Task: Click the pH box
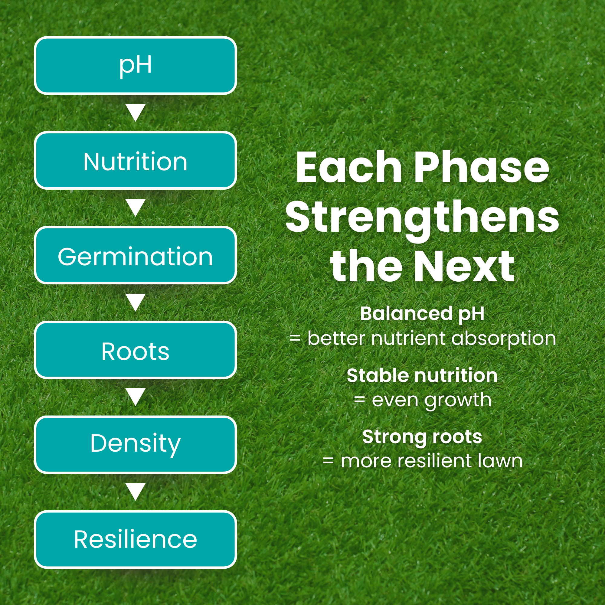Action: coord(135,65)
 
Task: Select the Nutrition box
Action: coord(135,160)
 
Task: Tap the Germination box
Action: coord(135,255)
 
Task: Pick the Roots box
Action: coord(135,350)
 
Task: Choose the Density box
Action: coord(135,445)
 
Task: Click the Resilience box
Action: coord(135,540)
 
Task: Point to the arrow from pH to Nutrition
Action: coord(135,113)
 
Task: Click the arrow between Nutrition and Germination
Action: coord(135,208)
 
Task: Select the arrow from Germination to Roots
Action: coord(135,302)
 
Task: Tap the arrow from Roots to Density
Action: coord(135,397)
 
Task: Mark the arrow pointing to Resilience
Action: coord(135,492)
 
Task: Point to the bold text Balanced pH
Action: coord(422,314)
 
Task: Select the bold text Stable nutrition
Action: coord(422,375)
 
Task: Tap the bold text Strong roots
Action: coord(422,437)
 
